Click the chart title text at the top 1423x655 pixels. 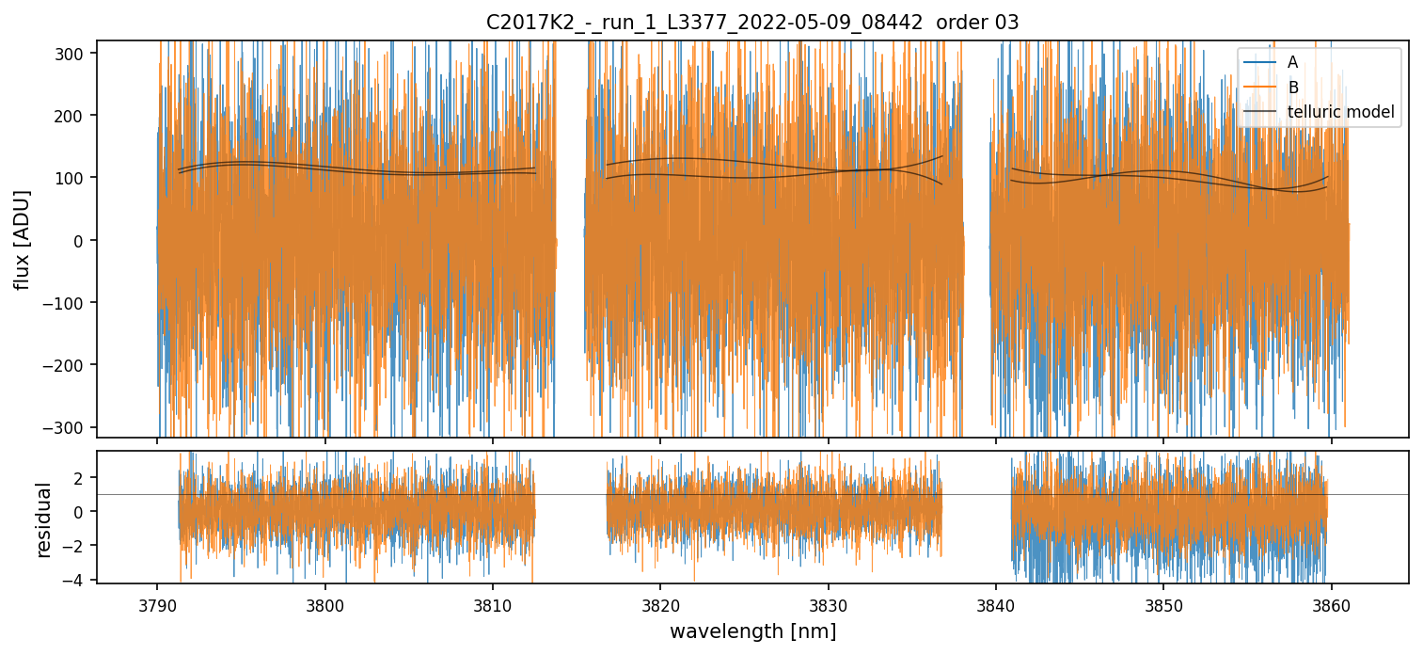[x=752, y=23]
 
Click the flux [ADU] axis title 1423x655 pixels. [x=21, y=239]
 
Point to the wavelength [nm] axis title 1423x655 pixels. [x=752, y=631]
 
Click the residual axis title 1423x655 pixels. [x=43, y=519]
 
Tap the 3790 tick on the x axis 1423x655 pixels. [x=156, y=605]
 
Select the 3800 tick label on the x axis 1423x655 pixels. [x=324, y=605]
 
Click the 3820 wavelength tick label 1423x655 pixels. [x=660, y=605]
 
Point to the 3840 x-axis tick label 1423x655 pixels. [x=996, y=605]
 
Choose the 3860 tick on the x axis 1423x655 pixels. [x=1332, y=605]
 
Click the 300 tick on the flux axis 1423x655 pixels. [x=75, y=53]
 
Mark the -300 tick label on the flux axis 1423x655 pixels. [x=71, y=426]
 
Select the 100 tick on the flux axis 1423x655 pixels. [x=75, y=178]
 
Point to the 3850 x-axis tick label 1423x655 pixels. [x=1163, y=605]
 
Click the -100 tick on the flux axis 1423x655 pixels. [x=71, y=302]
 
